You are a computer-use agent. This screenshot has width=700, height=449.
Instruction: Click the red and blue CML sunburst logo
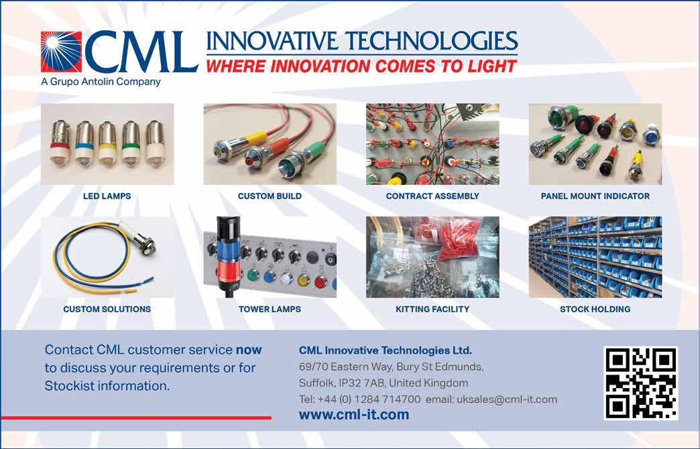(61, 52)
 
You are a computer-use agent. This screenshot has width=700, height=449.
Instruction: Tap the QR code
(641, 383)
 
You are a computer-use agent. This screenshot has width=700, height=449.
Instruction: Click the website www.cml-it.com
(354, 415)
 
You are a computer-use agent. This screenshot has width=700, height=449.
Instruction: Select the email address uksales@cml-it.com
(507, 399)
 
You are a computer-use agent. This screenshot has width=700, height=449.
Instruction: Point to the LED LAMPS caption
(107, 196)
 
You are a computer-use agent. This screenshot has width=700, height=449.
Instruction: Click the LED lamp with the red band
(60, 143)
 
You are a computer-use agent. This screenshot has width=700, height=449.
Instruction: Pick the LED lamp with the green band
(130, 143)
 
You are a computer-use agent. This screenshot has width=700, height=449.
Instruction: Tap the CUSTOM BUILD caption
(270, 196)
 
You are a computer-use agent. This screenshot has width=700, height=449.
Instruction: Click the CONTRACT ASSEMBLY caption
(432, 196)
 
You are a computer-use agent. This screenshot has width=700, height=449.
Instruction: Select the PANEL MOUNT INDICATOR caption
(595, 196)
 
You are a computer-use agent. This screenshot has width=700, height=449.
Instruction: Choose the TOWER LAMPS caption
(270, 309)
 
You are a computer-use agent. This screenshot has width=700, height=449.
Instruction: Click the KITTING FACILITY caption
(432, 309)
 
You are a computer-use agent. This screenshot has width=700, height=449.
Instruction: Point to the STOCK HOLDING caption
(595, 309)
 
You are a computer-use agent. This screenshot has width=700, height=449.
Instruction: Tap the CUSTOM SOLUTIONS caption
(107, 309)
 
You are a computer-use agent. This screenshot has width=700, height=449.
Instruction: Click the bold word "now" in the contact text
(249, 350)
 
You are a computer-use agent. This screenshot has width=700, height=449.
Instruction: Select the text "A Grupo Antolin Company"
(101, 82)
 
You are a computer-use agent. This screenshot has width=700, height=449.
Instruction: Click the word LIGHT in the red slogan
(492, 66)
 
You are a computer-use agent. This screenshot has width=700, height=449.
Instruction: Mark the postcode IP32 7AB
(361, 383)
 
